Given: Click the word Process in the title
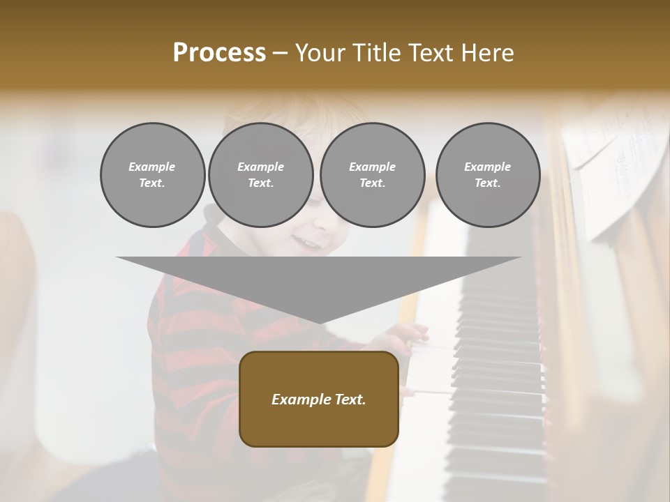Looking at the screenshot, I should [219, 53].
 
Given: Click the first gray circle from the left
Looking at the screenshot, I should [152, 174].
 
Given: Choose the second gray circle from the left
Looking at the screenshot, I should [260, 174].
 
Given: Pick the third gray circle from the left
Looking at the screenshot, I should [372, 174].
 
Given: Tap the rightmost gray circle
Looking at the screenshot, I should [487, 174].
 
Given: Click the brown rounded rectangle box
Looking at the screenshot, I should [319, 399].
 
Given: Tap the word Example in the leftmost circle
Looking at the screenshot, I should [152, 167].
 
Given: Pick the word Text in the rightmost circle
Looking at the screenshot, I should [487, 183].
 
